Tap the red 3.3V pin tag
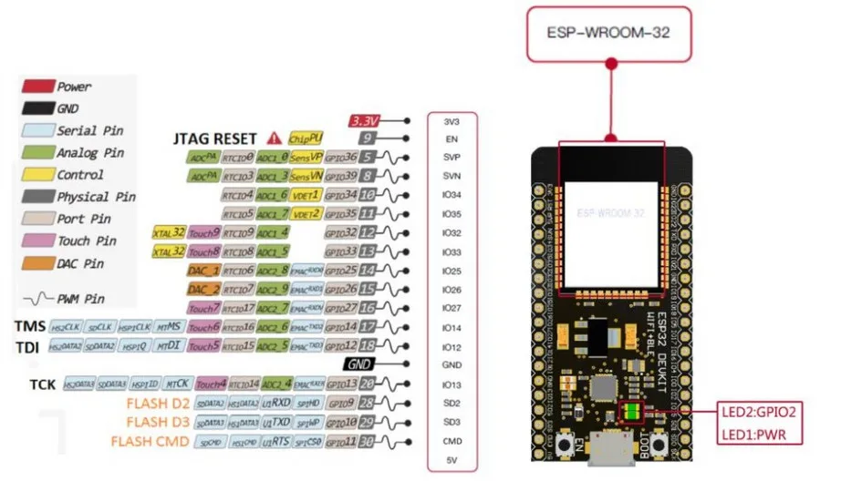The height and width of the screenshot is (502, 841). pyautogui.click(x=366, y=120)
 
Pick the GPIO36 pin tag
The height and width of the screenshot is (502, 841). pyautogui.click(x=340, y=157)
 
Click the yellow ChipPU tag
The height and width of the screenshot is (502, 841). pyautogui.click(x=306, y=138)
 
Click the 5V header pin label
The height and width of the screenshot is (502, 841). pyautogui.click(x=452, y=460)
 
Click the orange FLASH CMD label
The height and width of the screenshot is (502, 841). pyautogui.click(x=150, y=442)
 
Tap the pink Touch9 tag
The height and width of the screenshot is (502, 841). pyautogui.click(x=205, y=232)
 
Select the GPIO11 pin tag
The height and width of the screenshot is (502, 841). pyautogui.click(x=340, y=442)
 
